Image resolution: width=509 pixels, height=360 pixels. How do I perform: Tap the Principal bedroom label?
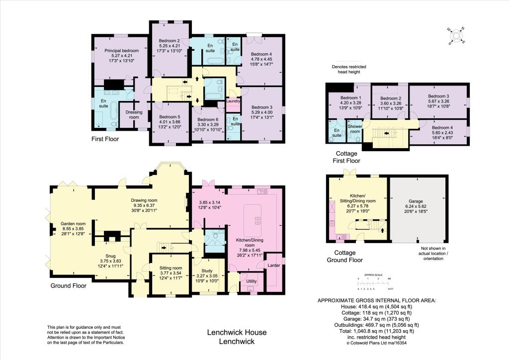click(x=121, y=50)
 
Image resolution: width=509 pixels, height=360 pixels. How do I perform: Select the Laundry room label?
click(x=233, y=101)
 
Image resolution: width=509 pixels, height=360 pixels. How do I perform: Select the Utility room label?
click(x=251, y=281)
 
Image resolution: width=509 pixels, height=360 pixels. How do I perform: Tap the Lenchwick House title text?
click(x=237, y=332)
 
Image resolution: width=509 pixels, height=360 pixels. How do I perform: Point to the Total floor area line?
click(x=377, y=331)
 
